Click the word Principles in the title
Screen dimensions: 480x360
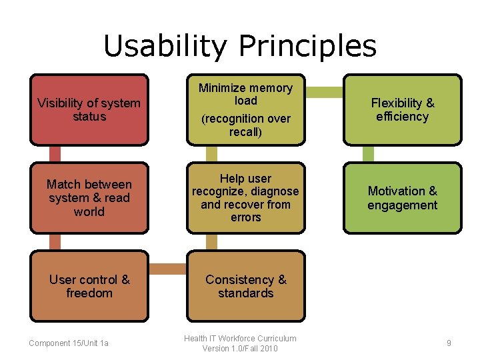(x=307, y=46)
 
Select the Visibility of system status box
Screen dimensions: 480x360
(x=89, y=109)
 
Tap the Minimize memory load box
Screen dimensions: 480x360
(x=245, y=109)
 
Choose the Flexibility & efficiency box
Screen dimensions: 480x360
(x=402, y=109)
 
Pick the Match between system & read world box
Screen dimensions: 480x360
(x=89, y=198)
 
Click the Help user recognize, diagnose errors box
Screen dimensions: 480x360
(x=245, y=198)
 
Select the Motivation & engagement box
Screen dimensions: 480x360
(x=402, y=198)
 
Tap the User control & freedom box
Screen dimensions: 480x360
(x=89, y=286)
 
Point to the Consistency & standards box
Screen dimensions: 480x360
(x=245, y=286)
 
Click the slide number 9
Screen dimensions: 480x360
(x=449, y=343)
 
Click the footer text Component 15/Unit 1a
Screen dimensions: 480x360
(x=69, y=343)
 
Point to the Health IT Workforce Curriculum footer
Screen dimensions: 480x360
(x=240, y=343)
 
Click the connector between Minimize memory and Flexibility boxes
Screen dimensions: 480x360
(x=324, y=91)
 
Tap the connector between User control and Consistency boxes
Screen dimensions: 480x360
(x=167, y=268)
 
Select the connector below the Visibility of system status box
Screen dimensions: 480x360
(x=55, y=154)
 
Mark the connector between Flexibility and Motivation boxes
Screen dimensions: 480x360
(x=368, y=154)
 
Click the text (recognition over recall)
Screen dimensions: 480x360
(x=246, y=125)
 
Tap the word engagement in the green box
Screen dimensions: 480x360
(x=402, y=205)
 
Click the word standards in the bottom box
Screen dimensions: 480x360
(x=246, y=293)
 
